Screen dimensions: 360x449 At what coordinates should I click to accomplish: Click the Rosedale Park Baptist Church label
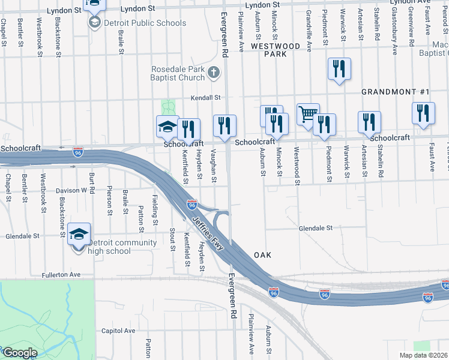pos(178,73)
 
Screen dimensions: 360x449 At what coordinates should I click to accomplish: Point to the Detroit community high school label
pos(122,247)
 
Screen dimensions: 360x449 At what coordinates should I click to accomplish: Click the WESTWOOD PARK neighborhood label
pos(276,50)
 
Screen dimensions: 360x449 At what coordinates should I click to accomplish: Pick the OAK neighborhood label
pos(262,255)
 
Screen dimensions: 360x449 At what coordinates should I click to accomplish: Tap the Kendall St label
pos(206,97)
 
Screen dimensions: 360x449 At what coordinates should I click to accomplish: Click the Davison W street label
pos(72,191)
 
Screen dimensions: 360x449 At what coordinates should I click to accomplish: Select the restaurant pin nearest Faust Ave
pos(423,113)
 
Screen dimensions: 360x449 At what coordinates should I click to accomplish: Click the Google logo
pos(20,353)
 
